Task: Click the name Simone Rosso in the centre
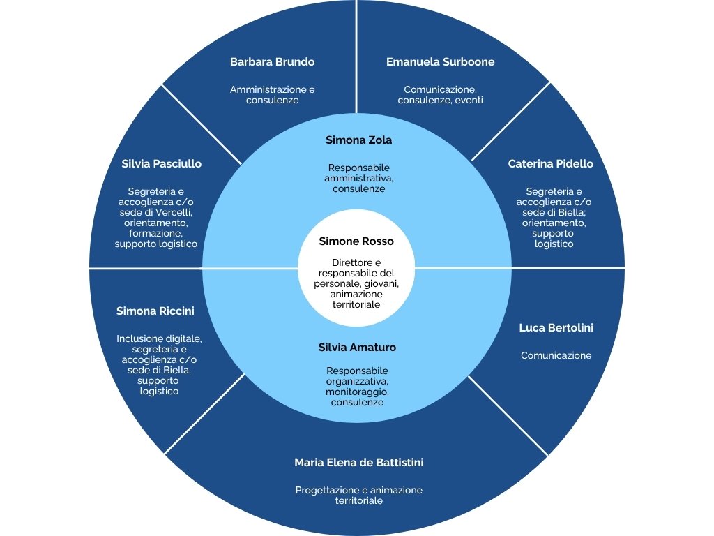[356, 241]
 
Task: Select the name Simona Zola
[359, 140]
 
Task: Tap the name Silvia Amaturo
[357, 347]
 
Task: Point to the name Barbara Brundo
[272, 62]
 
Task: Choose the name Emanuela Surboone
[440, 62]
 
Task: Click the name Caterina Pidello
[550, 164]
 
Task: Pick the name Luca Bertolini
[556, 328]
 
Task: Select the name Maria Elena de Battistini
[358, 463]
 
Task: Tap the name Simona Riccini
[155, 311]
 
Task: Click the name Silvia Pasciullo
[161, 164]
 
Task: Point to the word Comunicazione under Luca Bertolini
[556, 355]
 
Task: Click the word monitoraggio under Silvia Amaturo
[356, 392]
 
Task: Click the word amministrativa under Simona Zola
[358, 179]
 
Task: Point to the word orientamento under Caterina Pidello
[554, 223]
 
